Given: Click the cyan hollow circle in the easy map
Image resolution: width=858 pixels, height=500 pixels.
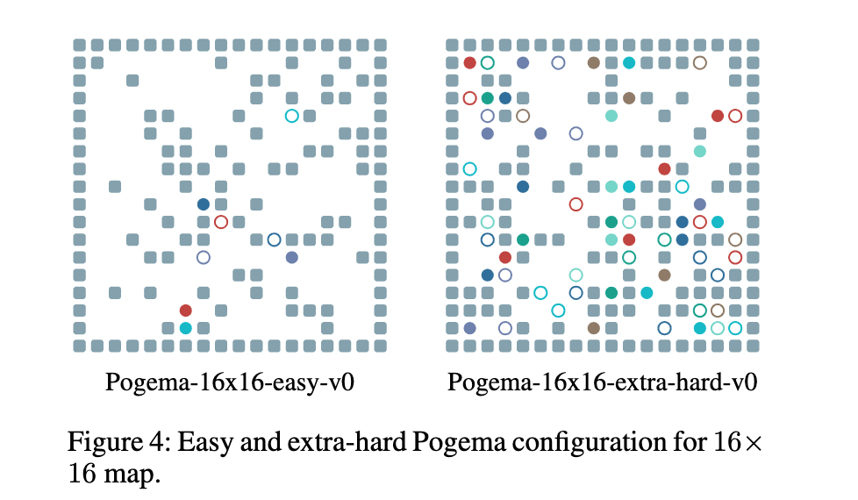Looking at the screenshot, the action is (x=291, y=115).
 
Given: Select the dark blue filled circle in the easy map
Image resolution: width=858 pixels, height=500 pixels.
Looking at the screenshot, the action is (x=204, y=204).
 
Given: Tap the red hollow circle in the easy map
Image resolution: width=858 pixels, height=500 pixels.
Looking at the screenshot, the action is (x=221, y=222).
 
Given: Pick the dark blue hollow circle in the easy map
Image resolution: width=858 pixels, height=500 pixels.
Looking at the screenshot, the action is (x=274, y=239).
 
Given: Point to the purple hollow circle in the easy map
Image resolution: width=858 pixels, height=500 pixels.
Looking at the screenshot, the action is (x=204, y=257).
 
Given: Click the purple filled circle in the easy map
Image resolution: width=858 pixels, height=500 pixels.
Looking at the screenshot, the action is (x=292, y=257).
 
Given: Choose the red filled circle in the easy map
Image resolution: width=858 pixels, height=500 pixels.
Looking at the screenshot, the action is (x=185, y=310).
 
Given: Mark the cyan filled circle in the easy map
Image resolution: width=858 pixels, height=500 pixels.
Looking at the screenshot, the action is (x=185, y=328).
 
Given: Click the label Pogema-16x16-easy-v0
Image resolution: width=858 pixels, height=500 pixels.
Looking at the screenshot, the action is (x=229, y=383).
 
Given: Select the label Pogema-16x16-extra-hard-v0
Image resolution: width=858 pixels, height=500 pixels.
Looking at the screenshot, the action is (x=602, y=383).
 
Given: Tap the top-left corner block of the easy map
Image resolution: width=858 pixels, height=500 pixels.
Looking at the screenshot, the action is (x=80, y=45).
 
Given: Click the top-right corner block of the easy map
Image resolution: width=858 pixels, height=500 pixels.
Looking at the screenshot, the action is (x=380, y=45).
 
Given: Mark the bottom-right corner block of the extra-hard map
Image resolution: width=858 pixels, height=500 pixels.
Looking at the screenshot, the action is (x=753, y=346).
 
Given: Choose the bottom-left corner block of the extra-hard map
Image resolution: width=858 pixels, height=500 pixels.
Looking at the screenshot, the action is (x=452, y=346).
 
